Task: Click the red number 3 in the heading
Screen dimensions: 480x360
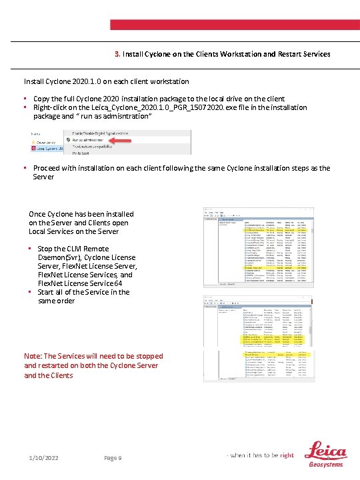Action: (116, 53)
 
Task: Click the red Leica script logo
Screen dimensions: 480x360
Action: (326, 451)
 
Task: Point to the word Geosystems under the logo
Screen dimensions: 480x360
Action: (327, 465)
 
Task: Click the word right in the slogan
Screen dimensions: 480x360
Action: (287, 455)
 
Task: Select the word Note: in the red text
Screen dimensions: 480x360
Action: (32, 356)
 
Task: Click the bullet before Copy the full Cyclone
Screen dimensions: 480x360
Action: (25, 99)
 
